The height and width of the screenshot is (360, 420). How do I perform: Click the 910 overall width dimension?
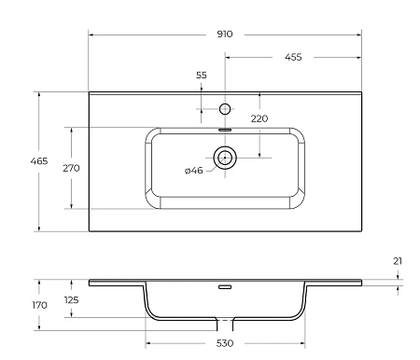tap(224, 34)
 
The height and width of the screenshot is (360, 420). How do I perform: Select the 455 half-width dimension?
tap(292, 57)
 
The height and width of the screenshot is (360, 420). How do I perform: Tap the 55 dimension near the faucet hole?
tap(201, 75)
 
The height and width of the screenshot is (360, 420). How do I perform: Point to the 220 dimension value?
tap(259, 118)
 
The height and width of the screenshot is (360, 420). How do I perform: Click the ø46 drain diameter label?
tap(194, 170)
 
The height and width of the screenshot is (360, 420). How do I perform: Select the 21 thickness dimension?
tap(398, 261)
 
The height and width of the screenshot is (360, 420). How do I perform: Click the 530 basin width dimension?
tap(224, 344)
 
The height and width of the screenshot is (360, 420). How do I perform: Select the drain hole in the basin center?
tap(224, 157)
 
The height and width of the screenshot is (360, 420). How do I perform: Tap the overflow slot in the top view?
tap(224, 130)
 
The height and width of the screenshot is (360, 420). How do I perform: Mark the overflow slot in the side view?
tap(224, 287)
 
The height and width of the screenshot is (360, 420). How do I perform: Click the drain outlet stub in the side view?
tap(224, 325)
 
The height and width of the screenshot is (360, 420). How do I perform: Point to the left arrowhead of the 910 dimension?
tap(91, 34)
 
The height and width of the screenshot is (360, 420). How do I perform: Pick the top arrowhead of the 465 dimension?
tap(39, 94)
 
